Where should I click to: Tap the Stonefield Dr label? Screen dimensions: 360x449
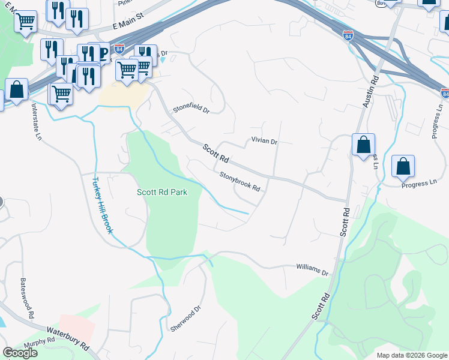coord(191,110)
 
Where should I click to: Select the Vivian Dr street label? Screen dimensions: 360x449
coord(264,142)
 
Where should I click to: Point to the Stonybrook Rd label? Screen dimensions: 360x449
coord(240,182)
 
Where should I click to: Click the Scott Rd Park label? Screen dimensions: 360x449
coord(162,193)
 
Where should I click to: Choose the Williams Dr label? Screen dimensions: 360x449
coord(313,269)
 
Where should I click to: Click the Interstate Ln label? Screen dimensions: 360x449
coord(37,122)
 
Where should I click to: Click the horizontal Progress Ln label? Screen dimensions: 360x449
coord(418,183)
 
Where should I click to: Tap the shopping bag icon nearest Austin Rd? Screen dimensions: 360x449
coord(363,145)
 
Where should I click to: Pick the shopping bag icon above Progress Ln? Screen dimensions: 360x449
coord(403,166)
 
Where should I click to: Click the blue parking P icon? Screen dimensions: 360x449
coord(103,56)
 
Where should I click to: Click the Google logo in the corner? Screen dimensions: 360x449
coord(20,353)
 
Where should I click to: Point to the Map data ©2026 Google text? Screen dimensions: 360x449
coord(412,355)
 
